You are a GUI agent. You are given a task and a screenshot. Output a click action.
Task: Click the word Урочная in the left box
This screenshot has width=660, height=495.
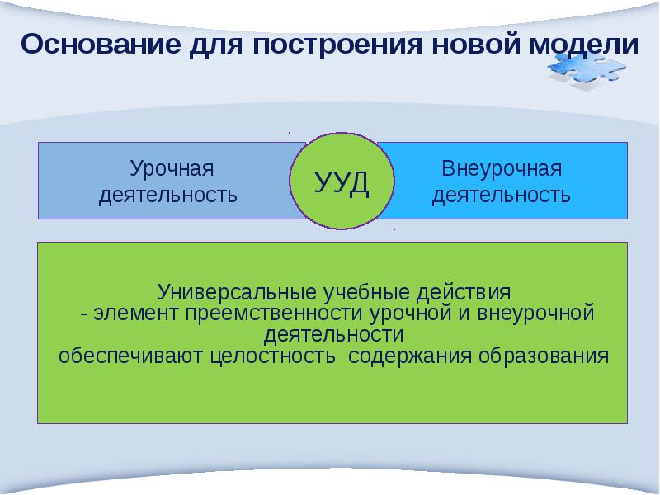pos(171,170)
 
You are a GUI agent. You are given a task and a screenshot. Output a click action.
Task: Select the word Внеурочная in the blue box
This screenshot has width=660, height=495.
pos(502,170)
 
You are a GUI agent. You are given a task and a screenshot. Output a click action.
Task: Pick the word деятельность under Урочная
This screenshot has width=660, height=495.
pos(168,196)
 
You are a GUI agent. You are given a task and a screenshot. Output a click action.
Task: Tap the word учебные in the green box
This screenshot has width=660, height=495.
pos(347,293)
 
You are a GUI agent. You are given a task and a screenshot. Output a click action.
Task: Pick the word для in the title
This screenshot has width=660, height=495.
pos(211,44)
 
